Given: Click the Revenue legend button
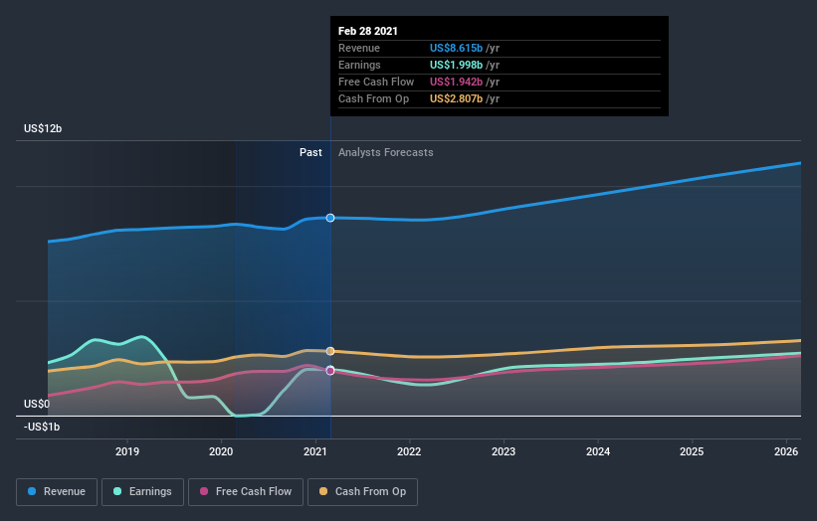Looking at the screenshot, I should coord(58,491).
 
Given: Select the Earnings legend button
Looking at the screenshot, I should coord(143,491).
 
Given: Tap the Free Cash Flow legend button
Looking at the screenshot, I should coord(245,491).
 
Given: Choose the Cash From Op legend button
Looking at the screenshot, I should coord(362,491).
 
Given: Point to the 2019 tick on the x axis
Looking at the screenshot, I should coord(127,451).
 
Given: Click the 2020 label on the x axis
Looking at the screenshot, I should coord(221,451).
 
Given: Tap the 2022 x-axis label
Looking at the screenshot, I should coord(409,451).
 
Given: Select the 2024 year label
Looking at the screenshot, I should coord(598,451).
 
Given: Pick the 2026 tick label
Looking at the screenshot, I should coord(786,451).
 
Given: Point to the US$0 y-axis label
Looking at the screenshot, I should coord(38,404).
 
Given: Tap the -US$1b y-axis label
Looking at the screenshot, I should coord(43,427).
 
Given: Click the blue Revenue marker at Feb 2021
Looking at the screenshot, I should coord(330,218).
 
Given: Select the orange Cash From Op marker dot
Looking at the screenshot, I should coord(330,351).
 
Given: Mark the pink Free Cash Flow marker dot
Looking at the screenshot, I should coord(330,371).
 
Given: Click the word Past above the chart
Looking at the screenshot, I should coord(310,152).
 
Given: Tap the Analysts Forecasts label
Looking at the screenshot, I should coord(385,152).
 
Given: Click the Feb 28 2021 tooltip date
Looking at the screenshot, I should coord(368,31).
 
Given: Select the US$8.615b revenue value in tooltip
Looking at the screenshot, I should coord(456,48).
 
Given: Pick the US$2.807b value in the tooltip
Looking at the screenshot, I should coord(456,98).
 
